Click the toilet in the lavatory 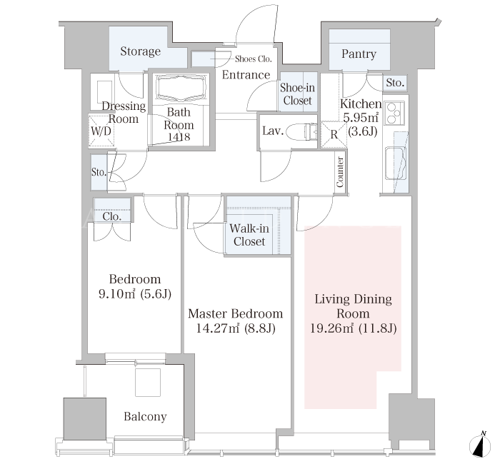[x=301, y=131]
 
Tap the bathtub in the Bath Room [x=180, y=87]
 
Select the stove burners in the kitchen [x=394, y=113]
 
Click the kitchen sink [x=396, y=163]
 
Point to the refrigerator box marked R [x=334, y=134]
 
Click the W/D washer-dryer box [x=101, y=131]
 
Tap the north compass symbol [x=480, y=443]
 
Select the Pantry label [x=359, y=54]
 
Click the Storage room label [x=140, y=51]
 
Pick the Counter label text [x=340, y=172]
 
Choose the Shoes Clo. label [x=253, y=59]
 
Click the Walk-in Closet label [x=249, y=235]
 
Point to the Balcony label [x=145, y=416]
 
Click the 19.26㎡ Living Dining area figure [x=332, y=328]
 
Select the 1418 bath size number [x=179, y=137]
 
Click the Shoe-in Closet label [x=297, y=94]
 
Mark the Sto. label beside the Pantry [x=395, y=83]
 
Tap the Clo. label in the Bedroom [x=112, y=217]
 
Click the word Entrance [x=246, y=75]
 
